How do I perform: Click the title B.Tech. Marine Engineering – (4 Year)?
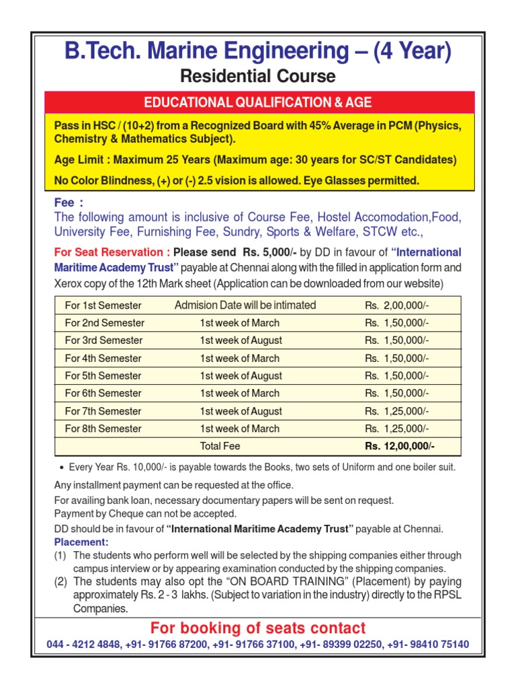tap(257, 51)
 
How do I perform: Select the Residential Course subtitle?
tap(257, 76)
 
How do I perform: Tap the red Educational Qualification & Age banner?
tap(259, 102)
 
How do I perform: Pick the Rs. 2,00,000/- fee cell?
tap(397, 305)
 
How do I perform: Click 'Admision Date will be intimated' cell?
tap(245, 305)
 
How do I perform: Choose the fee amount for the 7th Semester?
tap(397, 411)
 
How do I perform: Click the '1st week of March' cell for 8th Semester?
tap(239, 429)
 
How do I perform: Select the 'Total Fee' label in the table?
tap(220, 446)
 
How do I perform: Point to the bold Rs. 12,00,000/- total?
tap(400, 446)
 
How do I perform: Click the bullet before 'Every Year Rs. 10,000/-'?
tap(62, 468)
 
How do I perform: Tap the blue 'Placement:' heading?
tap(81, 542)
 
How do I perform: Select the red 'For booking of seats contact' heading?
tap(258, 628)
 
